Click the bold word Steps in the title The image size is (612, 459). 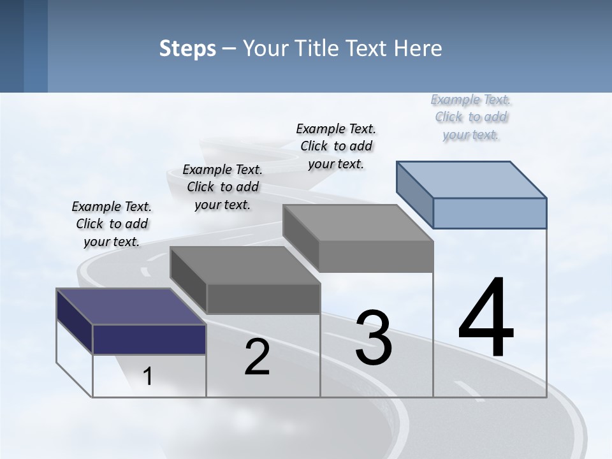coord(187,49)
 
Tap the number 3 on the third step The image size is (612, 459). coord(374,338)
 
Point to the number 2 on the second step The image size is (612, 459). coord(257,357)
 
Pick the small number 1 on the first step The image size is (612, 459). coord(148,376)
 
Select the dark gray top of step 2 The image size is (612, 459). coord(245,265)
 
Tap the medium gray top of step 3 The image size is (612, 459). coord(358,223)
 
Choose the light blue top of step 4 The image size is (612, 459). coord(471,179)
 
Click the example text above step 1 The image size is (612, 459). coord(112,224)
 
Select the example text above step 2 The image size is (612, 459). coord(222,187)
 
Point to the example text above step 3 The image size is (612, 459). coord(336,146)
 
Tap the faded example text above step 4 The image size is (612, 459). coord(471,117)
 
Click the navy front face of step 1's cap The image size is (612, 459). coord(149,339)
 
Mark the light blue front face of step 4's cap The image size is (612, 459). coord(490,213)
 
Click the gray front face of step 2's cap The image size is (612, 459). coord(263,298)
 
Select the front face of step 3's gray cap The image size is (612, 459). coord(376,256)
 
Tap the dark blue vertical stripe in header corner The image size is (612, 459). coord(35,46)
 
